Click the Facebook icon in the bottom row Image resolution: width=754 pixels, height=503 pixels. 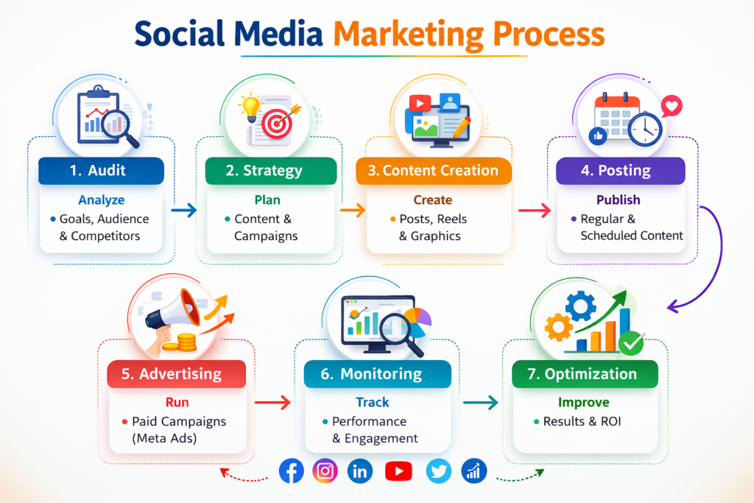point(292,471)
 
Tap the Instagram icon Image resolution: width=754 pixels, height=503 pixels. point(325,471)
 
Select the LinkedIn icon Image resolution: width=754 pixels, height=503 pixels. point(360,471)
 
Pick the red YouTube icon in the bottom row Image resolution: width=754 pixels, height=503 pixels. point(398,471)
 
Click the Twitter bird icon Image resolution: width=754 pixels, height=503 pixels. point(439,471)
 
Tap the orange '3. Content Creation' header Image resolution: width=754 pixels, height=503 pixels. point(433,171)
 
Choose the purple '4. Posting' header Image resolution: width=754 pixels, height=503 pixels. point(616,171)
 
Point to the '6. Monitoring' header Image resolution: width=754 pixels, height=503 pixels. point(377,374)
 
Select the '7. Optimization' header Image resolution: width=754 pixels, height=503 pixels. point(585,374)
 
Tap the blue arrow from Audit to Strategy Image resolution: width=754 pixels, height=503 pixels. point(183,211)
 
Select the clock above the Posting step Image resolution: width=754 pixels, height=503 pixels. point(645,130)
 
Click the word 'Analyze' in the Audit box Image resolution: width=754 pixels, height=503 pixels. point(102,200)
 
